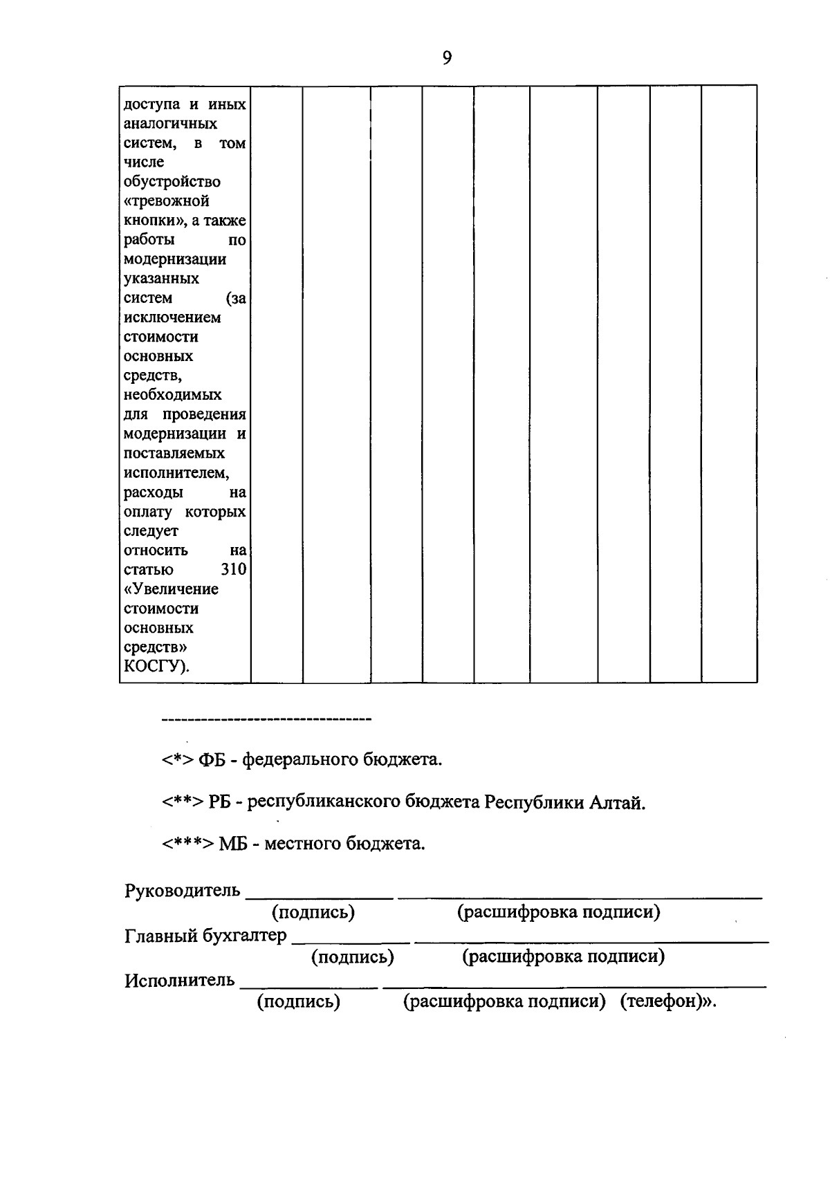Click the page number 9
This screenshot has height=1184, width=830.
[447, 58]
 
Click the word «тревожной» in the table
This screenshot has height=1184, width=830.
[166, 201]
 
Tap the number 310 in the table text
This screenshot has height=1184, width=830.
[233, 570]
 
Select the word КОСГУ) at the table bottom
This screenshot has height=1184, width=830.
[156, 667]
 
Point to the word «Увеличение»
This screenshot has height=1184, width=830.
[171, 589]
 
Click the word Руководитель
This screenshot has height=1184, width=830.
[183, 890]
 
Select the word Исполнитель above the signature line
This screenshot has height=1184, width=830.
[180, 981]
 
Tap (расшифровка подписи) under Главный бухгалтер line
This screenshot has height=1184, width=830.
[564, 956]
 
